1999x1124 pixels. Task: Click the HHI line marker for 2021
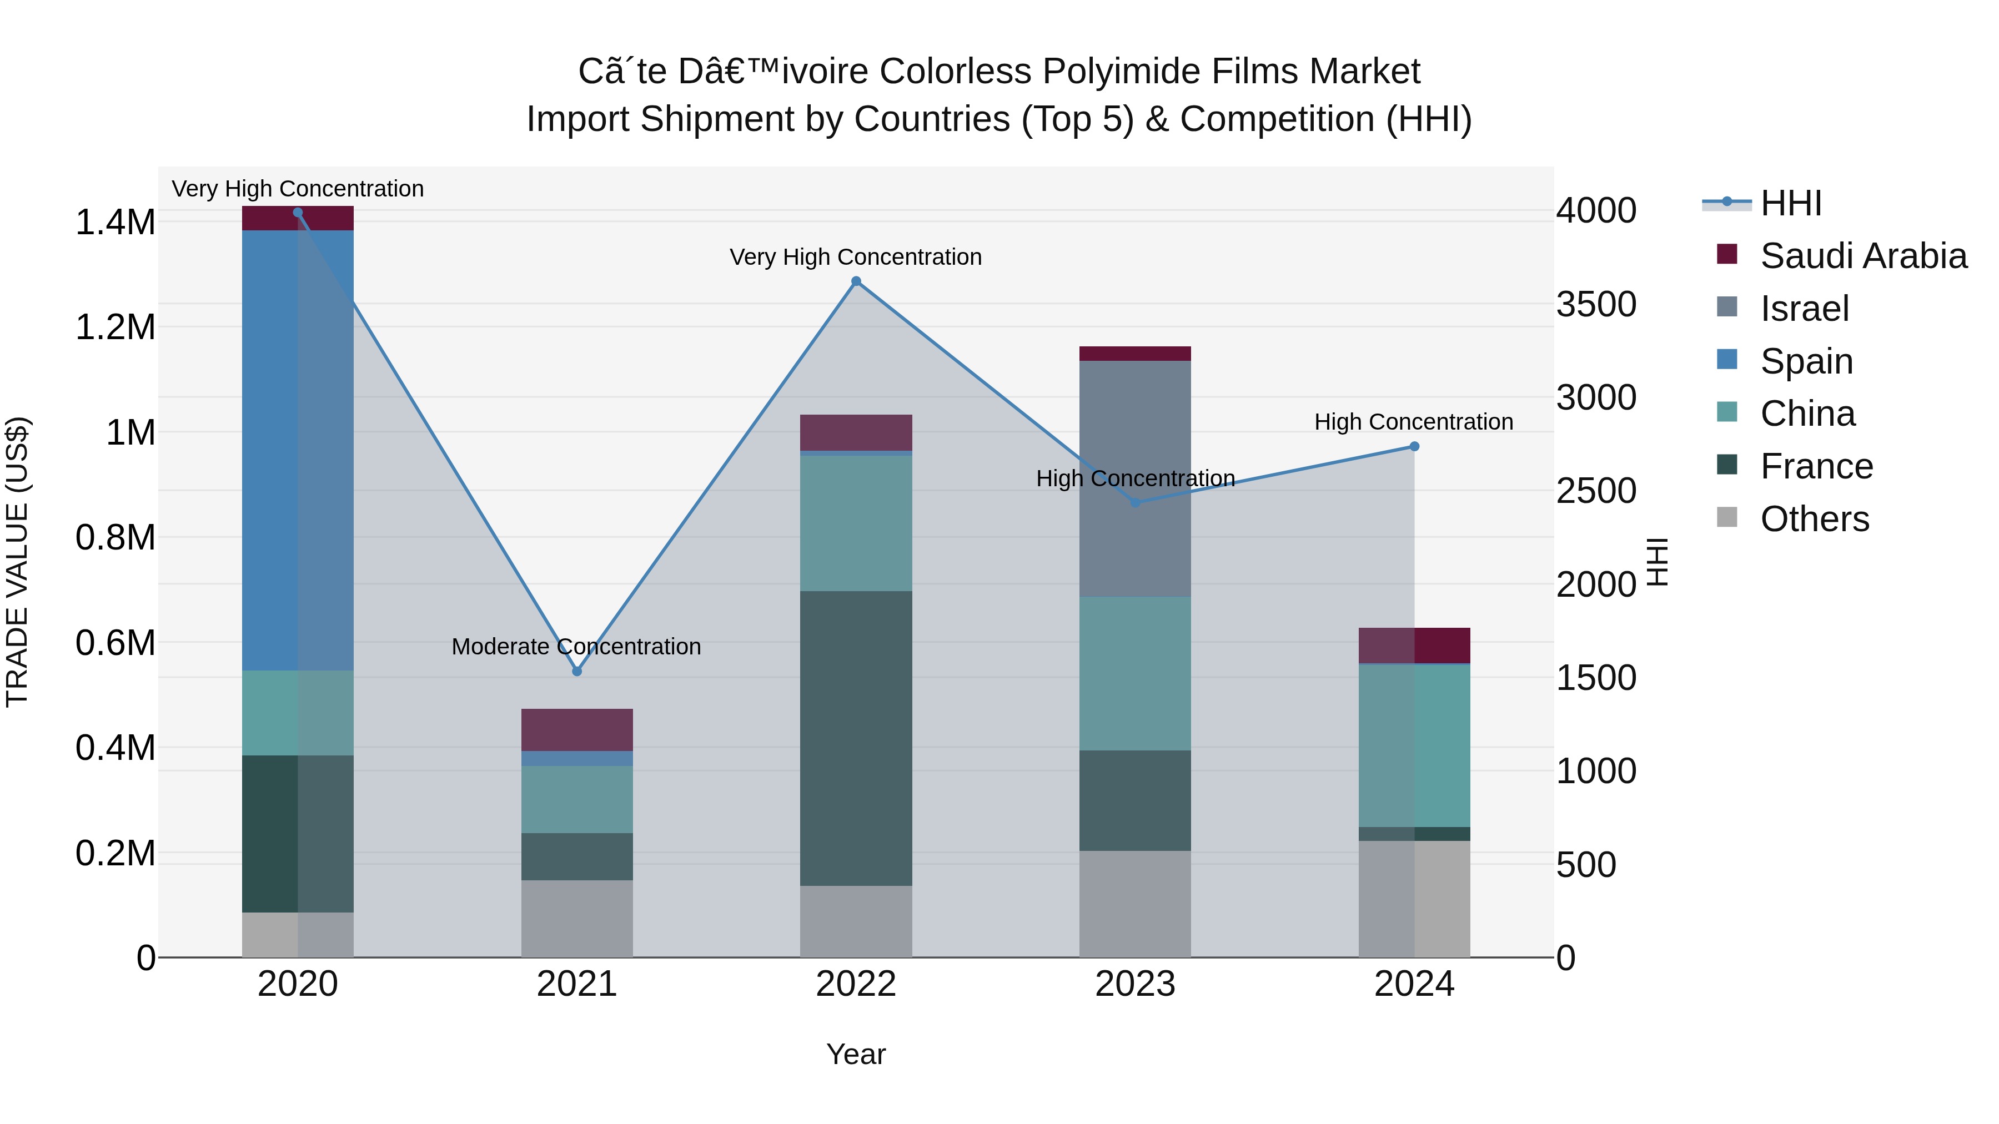coord(576,671)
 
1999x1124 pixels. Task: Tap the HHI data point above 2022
coord(856,281)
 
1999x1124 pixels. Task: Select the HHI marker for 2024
coord(1414,447)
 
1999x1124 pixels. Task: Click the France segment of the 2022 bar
coord(856,738)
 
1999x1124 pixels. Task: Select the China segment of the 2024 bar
coord(1414,745)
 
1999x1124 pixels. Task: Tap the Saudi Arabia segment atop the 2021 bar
coord(576,729)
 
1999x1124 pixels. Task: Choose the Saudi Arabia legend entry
coord(1863,256)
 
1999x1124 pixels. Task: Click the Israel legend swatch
coord(1726,307)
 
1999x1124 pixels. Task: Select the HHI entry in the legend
coord(1790,203)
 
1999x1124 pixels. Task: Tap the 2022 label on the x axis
coord(856,984)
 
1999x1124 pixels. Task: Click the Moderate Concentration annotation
coord(576,646)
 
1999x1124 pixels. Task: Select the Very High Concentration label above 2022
coord(855,257)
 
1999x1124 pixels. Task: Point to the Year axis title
coord(855,1054)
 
